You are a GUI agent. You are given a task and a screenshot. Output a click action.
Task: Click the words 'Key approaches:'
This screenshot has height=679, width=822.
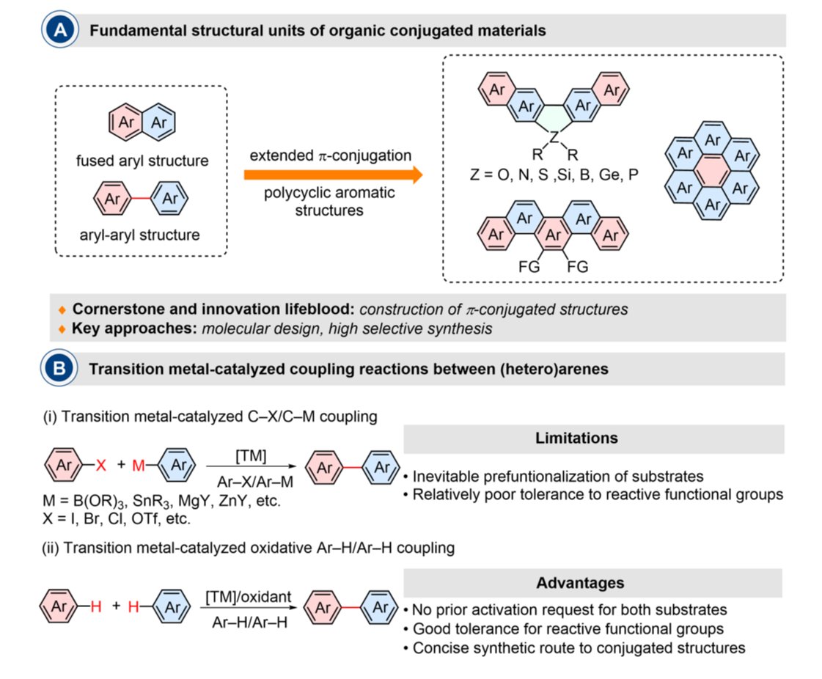click(x=117, y=329)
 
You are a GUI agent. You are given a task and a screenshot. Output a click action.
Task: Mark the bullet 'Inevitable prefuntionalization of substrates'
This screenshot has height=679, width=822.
click(x=554, y=476)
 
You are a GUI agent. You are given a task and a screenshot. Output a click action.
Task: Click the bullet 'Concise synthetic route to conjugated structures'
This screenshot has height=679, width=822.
click(x=576, y=647)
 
